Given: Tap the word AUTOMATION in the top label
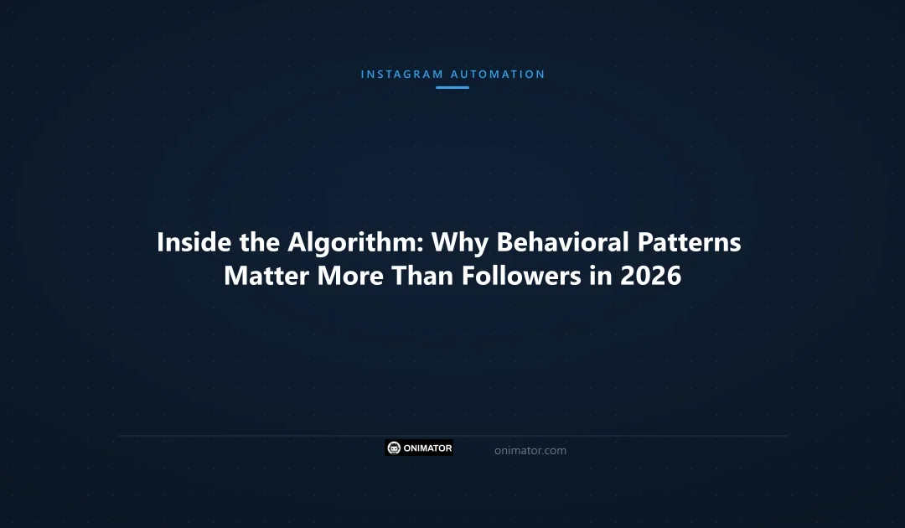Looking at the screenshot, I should click(x=498, y=75).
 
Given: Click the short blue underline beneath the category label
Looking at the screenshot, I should click(x=452, y=87).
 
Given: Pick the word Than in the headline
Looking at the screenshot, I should click(x=416, y=276).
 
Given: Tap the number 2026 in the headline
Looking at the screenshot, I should click(x=651, y=276).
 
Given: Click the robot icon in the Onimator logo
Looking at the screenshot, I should click(x=395, y=448).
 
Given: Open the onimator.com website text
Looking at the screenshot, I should click(x=530, y=451).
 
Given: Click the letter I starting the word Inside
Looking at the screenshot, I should click(x=161, y=242).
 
